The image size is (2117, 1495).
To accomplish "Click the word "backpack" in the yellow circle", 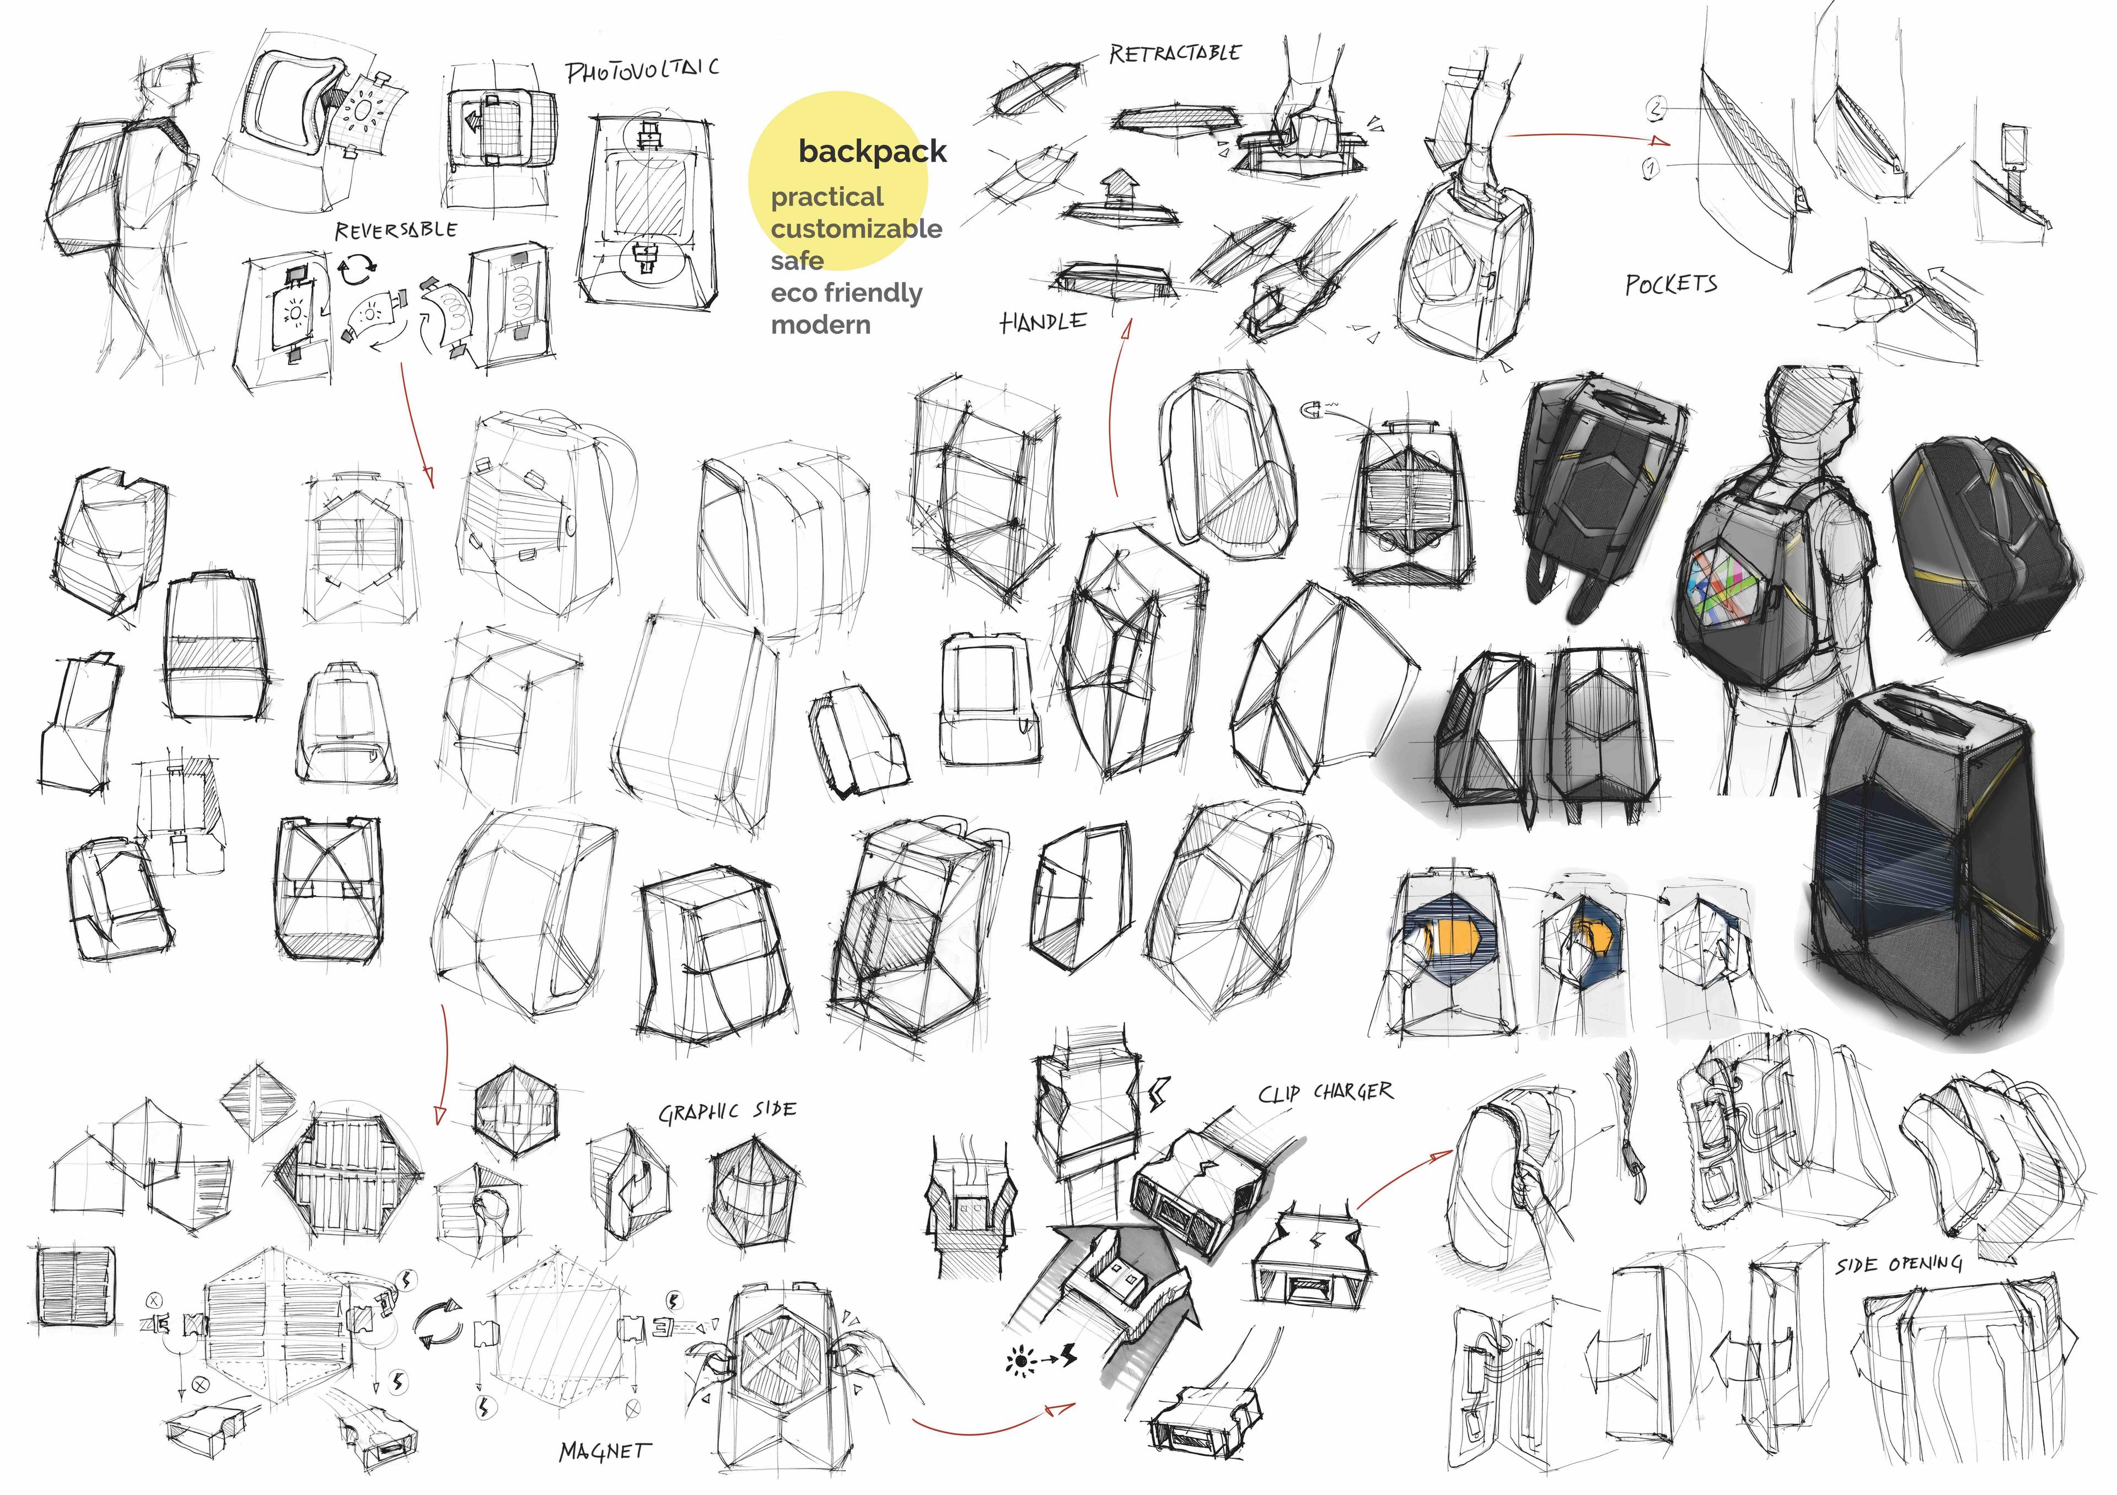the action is tap(872, 151).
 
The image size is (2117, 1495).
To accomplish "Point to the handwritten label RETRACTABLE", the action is tap(1175, 53).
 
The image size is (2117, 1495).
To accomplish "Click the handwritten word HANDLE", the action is tap(1043, 322).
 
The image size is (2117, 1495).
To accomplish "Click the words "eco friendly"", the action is tap(846, 293).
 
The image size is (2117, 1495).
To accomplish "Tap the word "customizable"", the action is tap(857, 229).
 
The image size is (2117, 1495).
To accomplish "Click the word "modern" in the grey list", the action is tap(821, 325).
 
